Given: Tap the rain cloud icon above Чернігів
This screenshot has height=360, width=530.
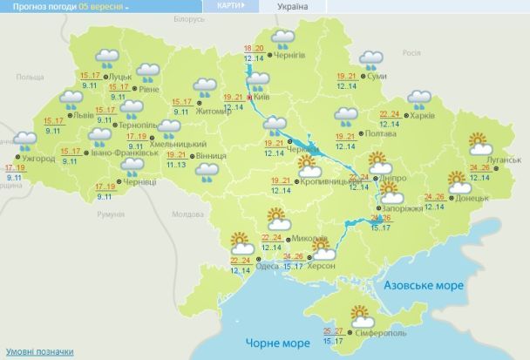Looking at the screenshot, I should [282, 38].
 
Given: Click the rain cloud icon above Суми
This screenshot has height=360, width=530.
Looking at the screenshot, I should [371, 60].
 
